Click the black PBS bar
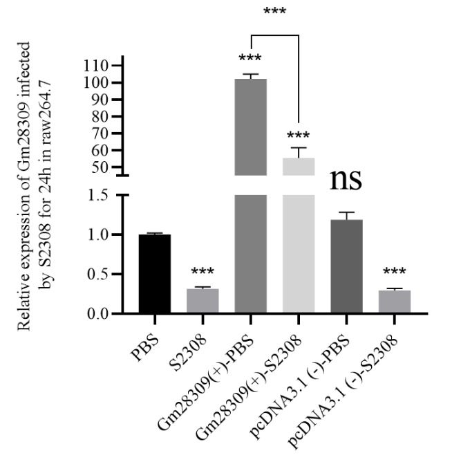coord(154,274)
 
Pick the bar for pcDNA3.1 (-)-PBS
coord(346,267)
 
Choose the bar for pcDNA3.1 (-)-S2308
coord(395,302)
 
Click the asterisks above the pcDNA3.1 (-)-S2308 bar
coord(395,273)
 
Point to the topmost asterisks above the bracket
coord(274,12)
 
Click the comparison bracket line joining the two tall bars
coord(274,35)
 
